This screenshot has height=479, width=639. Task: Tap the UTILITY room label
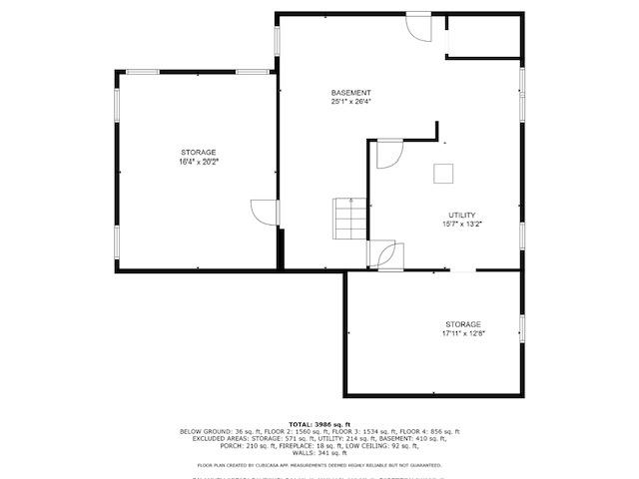coord(461,216)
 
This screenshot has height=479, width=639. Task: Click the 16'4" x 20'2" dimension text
coord(198,161)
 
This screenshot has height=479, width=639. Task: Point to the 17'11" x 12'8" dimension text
coord(463,333)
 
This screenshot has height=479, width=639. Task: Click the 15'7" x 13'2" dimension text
coord(461,225)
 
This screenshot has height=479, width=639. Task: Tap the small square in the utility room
coord(442,173)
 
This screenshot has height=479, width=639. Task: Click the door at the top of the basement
coord(417,25)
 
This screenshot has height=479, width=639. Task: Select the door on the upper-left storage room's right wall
coord(266,213)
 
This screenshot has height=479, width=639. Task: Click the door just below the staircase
coord(385,254)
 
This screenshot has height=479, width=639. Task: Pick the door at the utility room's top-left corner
coord(387,153)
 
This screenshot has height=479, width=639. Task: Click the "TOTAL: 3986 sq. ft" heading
coord(319,424)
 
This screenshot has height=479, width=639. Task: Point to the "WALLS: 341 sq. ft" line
coord(319,453)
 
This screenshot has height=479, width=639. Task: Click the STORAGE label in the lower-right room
coord(463,324)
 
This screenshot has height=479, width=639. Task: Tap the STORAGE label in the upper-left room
coord(198,152)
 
